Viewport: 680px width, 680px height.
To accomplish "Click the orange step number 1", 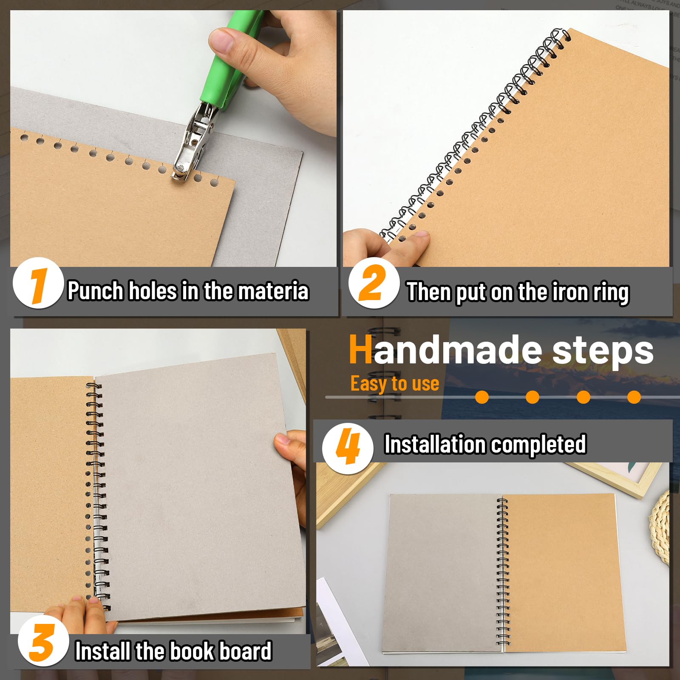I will point(38,284).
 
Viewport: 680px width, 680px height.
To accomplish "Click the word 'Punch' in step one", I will point(95,291).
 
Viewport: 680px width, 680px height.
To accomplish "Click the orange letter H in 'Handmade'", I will point(360,350).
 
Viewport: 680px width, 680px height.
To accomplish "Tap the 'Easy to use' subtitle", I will point(394,383).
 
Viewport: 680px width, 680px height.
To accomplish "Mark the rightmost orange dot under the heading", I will point(634,397).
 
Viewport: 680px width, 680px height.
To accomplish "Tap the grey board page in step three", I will point(191,489).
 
